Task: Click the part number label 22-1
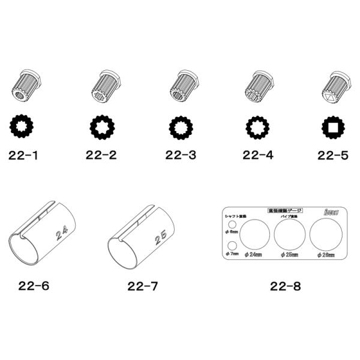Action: [x=24, y=155]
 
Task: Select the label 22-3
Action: [x=181, y=155]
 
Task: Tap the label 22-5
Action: [x=333, y=155]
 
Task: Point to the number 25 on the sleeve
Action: [x=160, y=238]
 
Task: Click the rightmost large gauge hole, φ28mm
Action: [x=325, y=234]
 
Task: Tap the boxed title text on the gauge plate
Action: [x=285, y=211]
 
